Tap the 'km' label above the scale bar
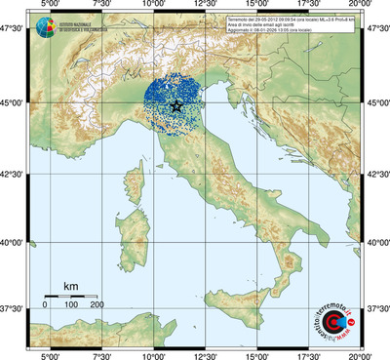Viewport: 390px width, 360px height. coord(70,286)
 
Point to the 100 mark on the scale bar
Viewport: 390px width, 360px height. coord(71,305)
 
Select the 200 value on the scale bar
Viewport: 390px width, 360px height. coord(97,305)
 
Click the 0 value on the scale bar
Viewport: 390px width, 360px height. coord(45,305)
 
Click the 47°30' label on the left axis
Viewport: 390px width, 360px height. coord(13,31)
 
